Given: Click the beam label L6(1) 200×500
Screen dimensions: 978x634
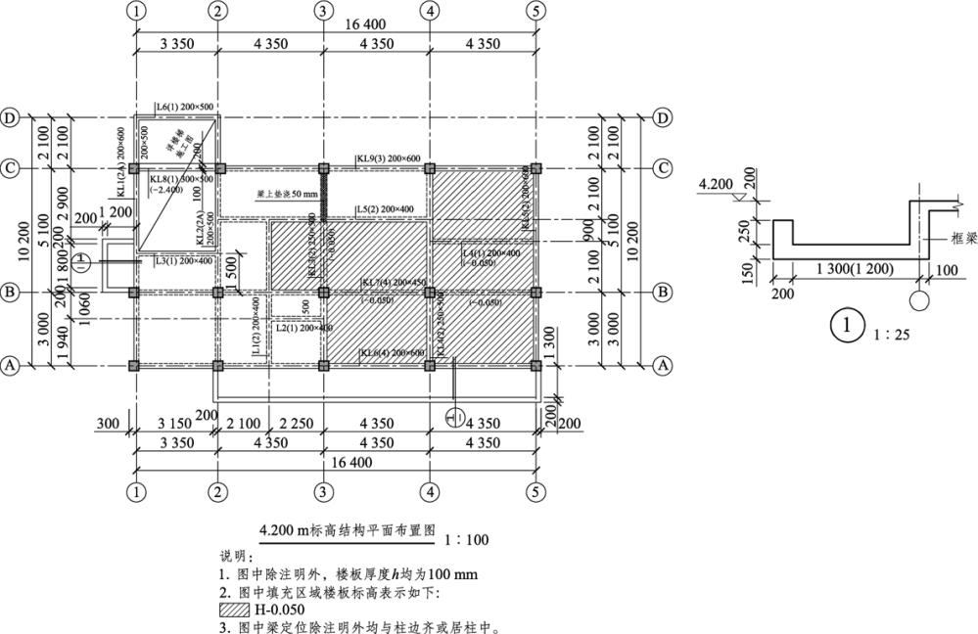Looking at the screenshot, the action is (185, 106).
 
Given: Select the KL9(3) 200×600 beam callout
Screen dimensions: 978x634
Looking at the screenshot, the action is (388, 158).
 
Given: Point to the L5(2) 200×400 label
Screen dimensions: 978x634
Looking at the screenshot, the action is (385, 209).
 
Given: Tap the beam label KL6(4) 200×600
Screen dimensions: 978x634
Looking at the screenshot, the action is (391, 353).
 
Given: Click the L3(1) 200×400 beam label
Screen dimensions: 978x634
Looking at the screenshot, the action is (183, 260).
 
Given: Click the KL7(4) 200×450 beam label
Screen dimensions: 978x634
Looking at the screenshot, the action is (395, 284).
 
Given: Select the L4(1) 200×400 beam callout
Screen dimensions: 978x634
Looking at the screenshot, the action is (491, 252).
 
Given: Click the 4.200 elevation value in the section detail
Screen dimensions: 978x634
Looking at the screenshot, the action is (717, 184).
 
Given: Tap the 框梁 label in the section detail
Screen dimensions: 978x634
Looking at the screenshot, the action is (947, 238).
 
